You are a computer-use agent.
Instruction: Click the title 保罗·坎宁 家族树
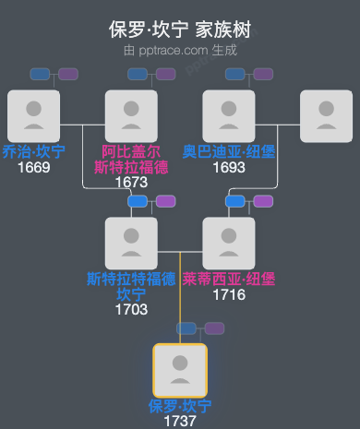[180, 30]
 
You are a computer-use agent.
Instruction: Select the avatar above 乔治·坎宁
[33, 116]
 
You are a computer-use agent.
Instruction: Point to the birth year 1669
[33, 167]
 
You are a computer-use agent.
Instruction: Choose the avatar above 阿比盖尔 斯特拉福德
[131, 116]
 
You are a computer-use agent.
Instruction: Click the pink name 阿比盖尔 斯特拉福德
[131, 160]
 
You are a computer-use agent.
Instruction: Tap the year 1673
[131, 183]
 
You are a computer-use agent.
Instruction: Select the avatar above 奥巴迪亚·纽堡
[229, 116]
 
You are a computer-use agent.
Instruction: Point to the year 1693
[229, 167]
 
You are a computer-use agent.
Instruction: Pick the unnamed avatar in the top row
[327, 116]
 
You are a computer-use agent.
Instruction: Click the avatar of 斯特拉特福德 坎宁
[131, 243]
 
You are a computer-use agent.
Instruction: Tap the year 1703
[131, 310]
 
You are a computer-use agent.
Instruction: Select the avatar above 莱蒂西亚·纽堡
[229, 243]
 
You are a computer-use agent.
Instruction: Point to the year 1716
[229, 294]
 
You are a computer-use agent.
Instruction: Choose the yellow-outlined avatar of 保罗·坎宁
[180, 370]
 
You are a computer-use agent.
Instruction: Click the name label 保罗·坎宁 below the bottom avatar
[180, 406]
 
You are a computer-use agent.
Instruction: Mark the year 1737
[180, 421]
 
